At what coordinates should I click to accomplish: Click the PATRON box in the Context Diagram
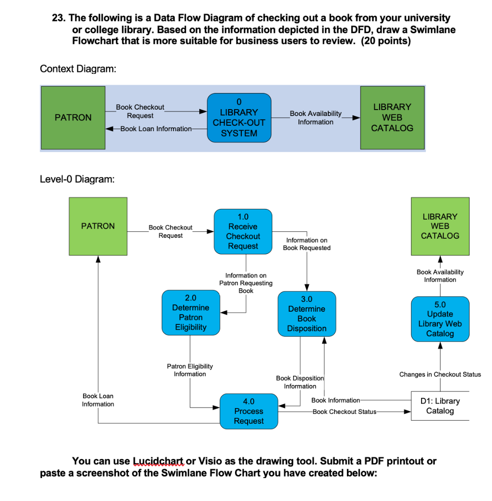click(x=73, y=117)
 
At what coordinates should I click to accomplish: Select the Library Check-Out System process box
click(x=239, y=117)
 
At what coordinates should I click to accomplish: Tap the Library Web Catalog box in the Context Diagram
click(x=392, y=117)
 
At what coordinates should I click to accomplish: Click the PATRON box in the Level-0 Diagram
click(x=98, y=226)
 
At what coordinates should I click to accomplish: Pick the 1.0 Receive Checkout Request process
click(x=243, y=231)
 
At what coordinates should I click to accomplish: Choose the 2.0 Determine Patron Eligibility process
click(x=191, y=313)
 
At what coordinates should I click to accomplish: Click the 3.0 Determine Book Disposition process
click(x=307, y=314)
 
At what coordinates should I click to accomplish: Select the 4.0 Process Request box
click(x=249, y=411)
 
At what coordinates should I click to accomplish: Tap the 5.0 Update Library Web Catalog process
click(x=440, y=319)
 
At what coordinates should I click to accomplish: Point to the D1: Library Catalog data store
click(x=440, y=406)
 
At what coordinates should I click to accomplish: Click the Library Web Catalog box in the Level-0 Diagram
click(x=440, y=226)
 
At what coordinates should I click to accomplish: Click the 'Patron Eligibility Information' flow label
click(x=190, y=370)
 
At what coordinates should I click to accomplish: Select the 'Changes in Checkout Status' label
click(x=440, y=374)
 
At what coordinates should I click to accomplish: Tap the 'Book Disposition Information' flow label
click(x=299, y=382)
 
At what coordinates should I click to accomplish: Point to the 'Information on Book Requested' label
click(x=306, y=244)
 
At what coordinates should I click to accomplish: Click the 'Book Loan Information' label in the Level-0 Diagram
click(x=98, y=400)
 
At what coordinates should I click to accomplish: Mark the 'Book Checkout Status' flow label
click(x=344, y=411)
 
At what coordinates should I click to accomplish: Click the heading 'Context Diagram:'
click(x=78, y=69)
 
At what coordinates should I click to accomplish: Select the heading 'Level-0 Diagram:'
click(x=77, y=180)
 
